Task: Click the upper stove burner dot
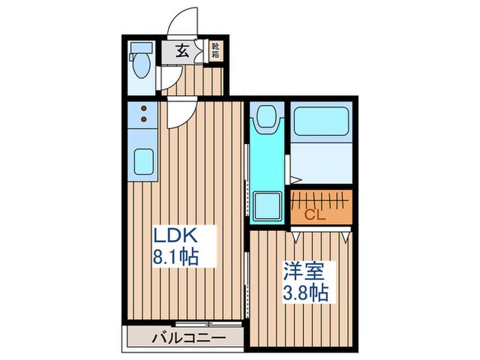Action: pos(145,108)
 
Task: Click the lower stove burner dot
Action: pos(145,119)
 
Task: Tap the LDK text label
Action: pos(176,237)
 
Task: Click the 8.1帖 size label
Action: pos(176,259)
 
